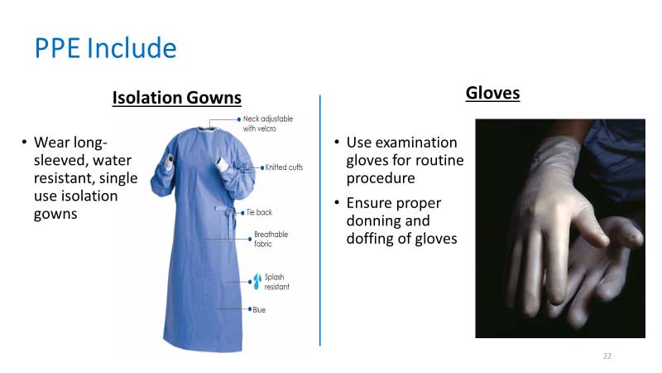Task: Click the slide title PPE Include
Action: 106,48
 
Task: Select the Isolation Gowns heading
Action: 177,98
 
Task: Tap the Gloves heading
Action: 492,93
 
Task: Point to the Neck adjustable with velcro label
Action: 267,124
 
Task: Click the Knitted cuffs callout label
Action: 284,167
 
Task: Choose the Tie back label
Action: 259,212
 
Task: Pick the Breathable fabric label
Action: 271,239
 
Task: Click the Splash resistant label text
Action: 277,282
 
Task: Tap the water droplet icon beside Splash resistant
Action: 257,281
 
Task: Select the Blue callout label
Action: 259,309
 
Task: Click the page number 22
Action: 607,356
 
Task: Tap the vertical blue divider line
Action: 320,220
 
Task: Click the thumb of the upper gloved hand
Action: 590,224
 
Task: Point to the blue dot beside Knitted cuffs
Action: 262,168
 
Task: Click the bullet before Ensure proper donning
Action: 337,202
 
